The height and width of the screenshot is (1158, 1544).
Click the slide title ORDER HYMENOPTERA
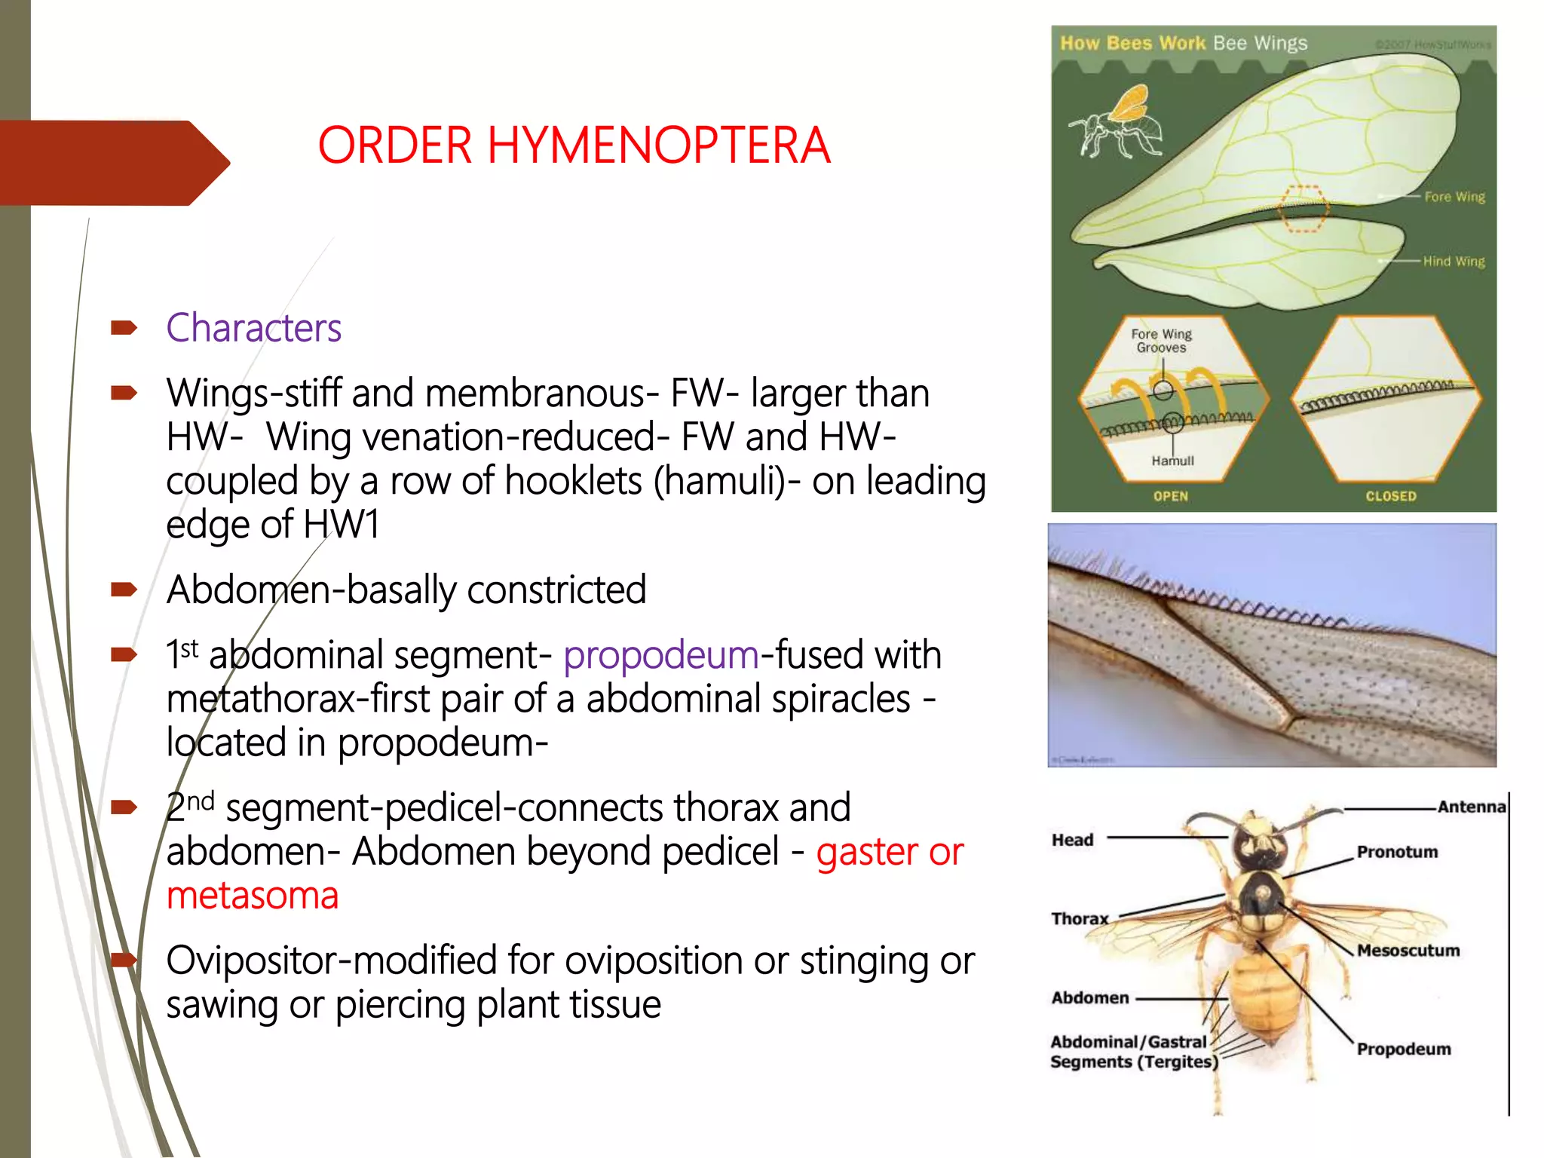click(x=574, y=145)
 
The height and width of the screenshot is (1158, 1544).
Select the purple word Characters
click(x=253, y=328)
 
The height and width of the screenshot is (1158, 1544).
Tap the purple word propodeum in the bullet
click(x=660, y=654)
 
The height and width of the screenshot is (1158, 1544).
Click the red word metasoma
click(x=253, y=896)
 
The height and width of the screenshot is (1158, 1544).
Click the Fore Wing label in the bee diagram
click(x=1454, y=197)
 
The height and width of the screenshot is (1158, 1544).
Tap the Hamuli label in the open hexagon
click(x=1172, y=461)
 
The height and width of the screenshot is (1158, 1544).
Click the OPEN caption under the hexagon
click(x=1170, y=496)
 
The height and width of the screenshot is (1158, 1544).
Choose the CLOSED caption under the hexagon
click(x=1390, y=496)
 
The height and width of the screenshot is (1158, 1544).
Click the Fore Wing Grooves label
click(x=1161, y=341)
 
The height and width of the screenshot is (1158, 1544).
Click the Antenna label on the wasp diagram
click(x=1470, y=807)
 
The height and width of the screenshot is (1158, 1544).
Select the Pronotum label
click(x=1397, y=852)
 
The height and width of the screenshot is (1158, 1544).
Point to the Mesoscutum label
click(x=1408, y=951)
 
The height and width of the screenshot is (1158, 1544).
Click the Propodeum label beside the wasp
click(x=1403, y=1049)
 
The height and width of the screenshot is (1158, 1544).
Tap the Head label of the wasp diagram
click(x=1072, y=840)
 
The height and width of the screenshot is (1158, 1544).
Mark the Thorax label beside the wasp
click(x=1080, y=918)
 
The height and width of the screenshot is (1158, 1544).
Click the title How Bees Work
click(x=1132, y=43)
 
